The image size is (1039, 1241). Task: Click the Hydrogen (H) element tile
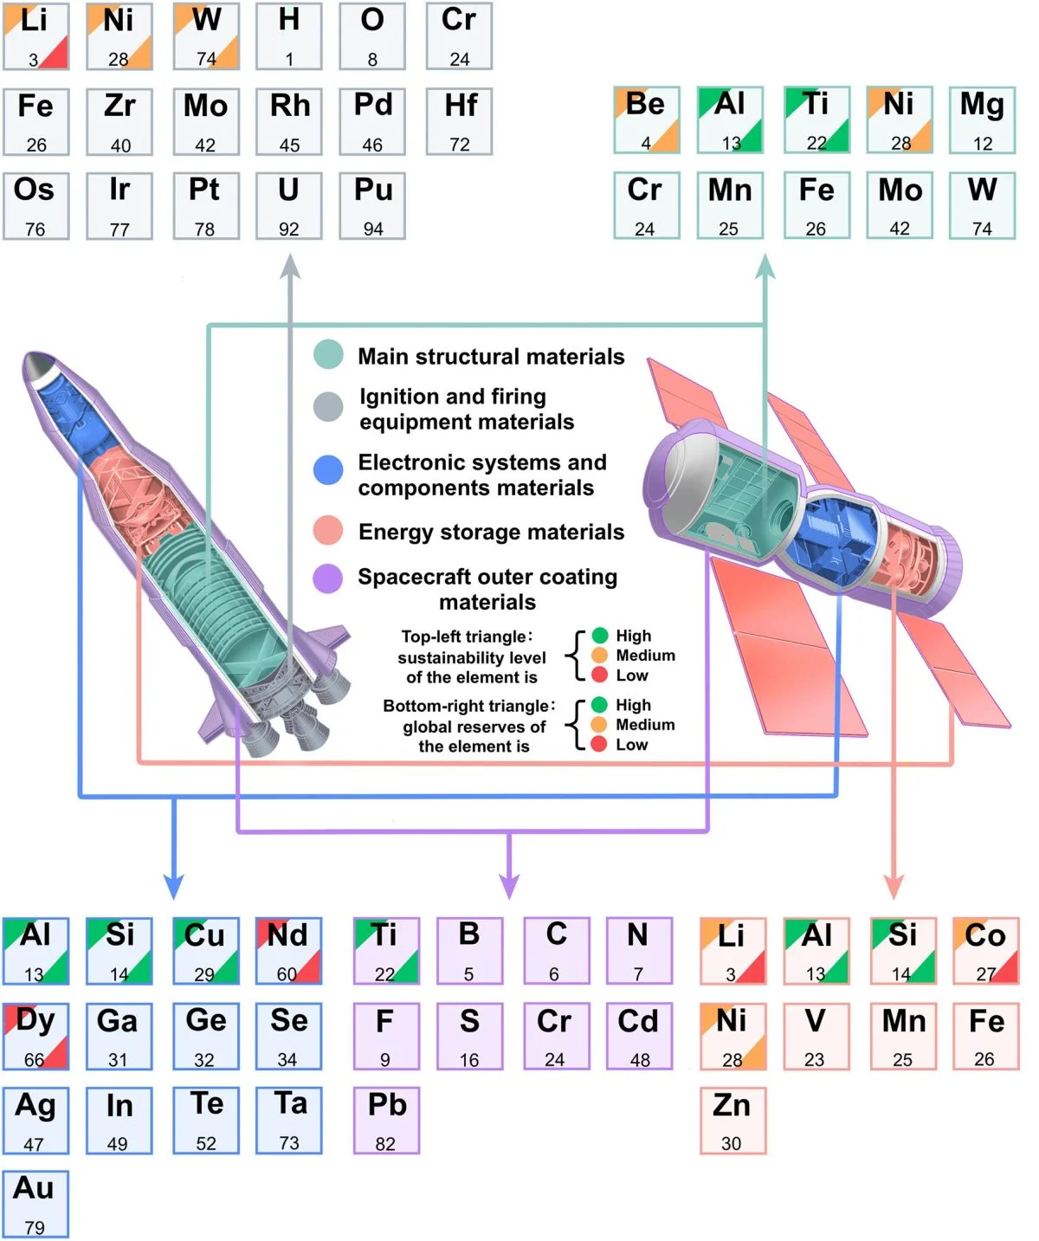(x=289, y=36)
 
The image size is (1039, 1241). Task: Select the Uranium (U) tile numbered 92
(x=289, y=206)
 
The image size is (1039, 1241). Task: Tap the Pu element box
(x=372, y=206)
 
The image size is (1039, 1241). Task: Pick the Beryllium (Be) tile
(x=646, y=120)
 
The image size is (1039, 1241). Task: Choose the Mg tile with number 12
(x=982, y=120)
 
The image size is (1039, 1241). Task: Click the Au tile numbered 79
(x=35, y=1204)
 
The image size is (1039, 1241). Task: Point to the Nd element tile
(x=288, y=951)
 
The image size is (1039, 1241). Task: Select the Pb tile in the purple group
(x=386, y=1121)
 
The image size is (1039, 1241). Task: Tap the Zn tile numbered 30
(x=732, y=1121)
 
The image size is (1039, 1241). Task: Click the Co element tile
(x=985, y=951)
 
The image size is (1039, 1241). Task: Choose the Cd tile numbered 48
(x=639, y=1036)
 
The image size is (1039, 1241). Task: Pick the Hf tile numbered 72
(x=460, y=121)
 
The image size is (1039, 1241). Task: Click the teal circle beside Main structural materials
(x=328, y=355)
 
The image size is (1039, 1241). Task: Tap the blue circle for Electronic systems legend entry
(x=328, y=469)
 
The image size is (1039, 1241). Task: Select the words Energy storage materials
(x=491, y=532)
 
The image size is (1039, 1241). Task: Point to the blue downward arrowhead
(x=174, y=887)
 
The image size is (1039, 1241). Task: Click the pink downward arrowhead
(x=894, y=887)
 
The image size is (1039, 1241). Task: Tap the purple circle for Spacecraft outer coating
(x=328, y=578)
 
